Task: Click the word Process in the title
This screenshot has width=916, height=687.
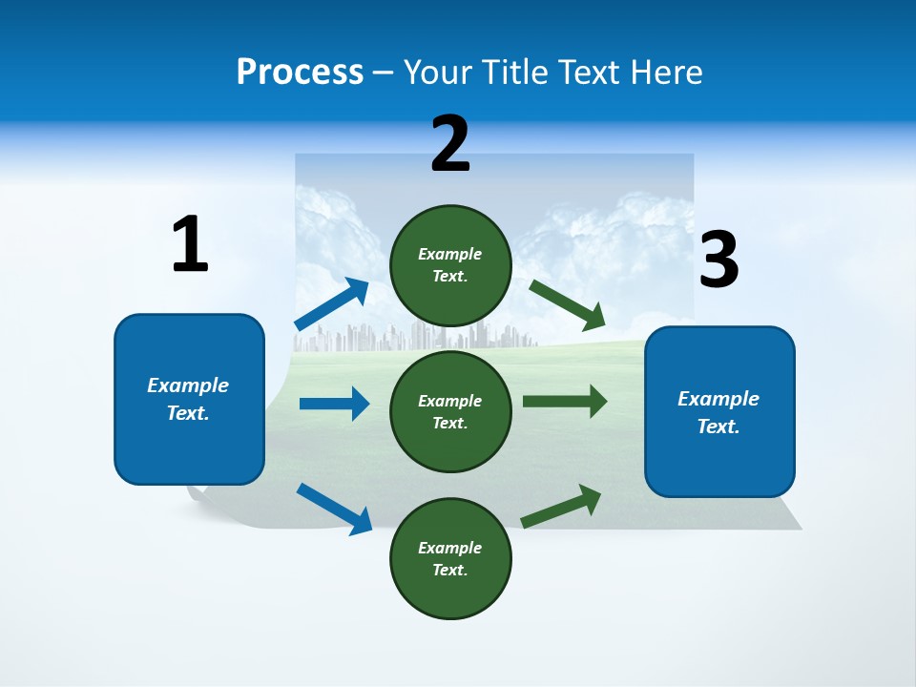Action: point(300,72)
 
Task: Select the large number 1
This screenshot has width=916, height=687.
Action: point(190,245)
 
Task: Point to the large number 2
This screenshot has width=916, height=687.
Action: point(450,144)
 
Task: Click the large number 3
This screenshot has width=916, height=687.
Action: point(718,260)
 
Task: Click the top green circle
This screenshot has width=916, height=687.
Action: point(450,265)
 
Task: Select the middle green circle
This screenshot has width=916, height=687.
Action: point(450,411)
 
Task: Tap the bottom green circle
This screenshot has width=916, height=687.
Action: point(450,558)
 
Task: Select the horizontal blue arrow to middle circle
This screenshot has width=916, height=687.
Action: point(334,404)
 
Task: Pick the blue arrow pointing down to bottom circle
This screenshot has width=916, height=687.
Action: point(334,509)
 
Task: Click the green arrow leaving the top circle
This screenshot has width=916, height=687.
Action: point(568,304)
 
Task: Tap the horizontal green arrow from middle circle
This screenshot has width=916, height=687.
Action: point(565,402)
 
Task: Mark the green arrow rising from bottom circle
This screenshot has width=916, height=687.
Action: point(561,507)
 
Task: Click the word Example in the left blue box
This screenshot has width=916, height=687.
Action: point(188,385)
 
